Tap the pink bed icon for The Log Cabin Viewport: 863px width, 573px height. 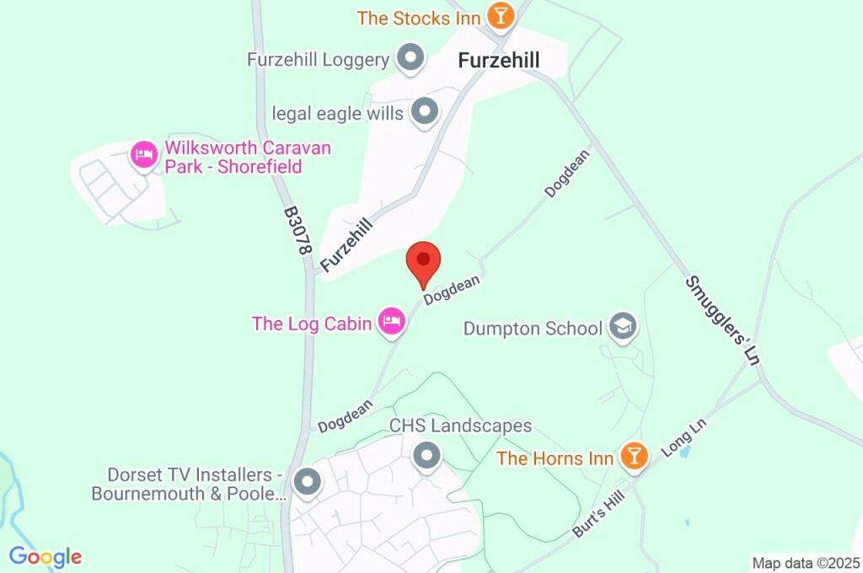[391, 321]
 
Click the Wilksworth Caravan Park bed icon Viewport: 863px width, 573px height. [143, 154]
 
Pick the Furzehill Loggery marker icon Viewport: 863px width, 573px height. [410, 58]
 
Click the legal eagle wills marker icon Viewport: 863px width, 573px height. [424, 111]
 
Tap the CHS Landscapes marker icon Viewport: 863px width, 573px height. [427, 456]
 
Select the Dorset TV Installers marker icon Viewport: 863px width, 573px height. [307, 483]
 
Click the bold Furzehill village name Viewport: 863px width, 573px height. [498, 61]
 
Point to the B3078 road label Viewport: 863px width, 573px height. [297, 230]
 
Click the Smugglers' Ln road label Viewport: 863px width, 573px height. [722, 319]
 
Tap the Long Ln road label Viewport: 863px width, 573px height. [683, 437]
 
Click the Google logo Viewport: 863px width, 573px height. [46, 556]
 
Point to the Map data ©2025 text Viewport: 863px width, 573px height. [806, 563]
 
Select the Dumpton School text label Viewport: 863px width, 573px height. [533, 328]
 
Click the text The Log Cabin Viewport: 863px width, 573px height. [312, 324]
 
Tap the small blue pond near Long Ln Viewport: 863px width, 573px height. [684, 451]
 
